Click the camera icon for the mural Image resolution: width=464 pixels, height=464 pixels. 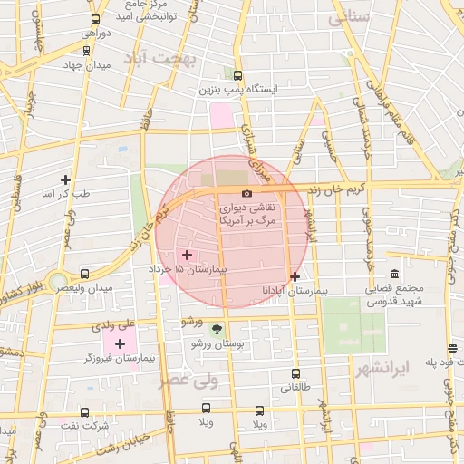tap(246, 193)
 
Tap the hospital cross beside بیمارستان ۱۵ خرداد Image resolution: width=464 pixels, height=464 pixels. tap(188, 256)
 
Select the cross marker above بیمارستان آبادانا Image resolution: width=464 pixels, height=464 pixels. tap(295, 276)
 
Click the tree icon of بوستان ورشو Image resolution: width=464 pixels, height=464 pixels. tap(216, 330)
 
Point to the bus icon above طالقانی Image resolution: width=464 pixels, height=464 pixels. tap(295, 373)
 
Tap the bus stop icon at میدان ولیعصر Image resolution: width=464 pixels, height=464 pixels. tap(84, 273)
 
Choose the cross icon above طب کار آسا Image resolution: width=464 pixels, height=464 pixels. tap(65, 179)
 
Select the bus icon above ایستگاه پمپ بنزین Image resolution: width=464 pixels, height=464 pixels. tap(237, 76)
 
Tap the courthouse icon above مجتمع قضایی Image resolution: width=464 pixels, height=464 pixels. tap(394, 274)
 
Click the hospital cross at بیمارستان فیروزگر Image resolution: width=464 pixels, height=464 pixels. tap(120, 343)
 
